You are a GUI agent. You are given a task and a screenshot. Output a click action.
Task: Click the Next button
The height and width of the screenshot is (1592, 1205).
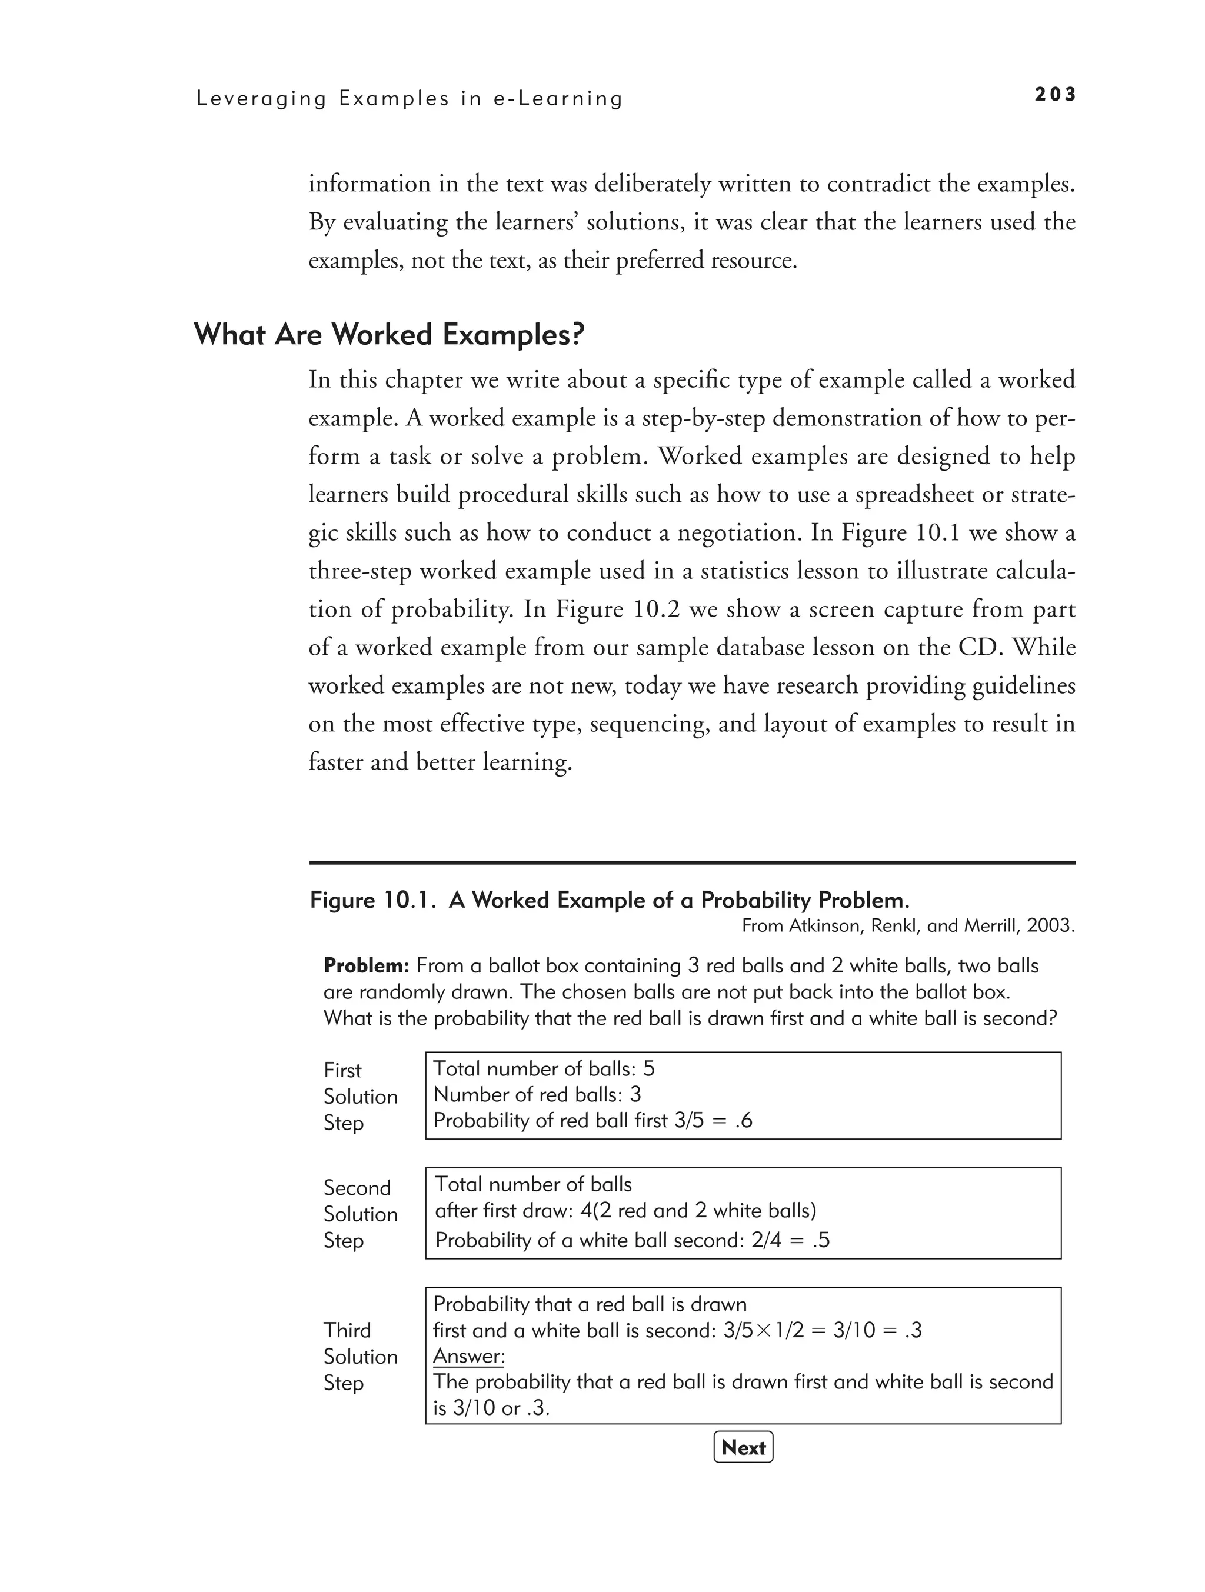point(743,1447)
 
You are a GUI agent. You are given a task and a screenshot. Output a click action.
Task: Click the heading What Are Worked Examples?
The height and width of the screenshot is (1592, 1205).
point(389,335)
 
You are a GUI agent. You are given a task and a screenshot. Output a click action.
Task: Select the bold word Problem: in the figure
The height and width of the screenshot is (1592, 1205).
point(367,966)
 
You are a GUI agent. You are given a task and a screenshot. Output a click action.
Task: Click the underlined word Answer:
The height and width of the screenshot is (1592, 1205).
point(468,1357)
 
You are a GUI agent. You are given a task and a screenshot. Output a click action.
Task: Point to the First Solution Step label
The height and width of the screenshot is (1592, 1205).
point(360,1096)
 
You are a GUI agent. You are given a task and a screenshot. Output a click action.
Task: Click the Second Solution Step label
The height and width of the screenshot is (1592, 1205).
point(360,1214)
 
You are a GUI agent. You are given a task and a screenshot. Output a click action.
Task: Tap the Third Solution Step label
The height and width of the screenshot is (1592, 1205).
point(360,1357)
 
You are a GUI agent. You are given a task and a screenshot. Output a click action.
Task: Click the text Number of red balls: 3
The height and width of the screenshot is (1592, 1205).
point(537,1095)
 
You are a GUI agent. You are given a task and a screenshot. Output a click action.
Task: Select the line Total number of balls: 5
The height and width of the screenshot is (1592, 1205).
point(544,1069)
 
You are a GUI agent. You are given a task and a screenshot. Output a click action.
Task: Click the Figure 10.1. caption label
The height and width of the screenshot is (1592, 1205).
point(374,900)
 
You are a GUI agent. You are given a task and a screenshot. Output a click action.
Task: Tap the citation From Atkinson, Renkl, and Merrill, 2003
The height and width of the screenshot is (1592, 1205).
point(908,926)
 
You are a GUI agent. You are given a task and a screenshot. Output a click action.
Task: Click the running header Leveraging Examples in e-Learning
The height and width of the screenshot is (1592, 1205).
point(410,99)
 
